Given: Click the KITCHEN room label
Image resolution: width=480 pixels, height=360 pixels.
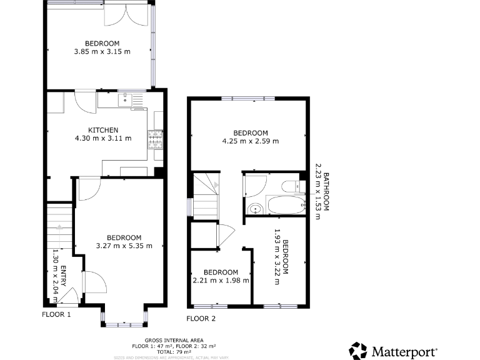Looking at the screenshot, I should [x=103, y=130].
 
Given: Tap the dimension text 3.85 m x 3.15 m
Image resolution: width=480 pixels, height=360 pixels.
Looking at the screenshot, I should [x=102, y=52].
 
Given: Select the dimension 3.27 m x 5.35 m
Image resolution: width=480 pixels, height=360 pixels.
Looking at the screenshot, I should [x=124, y=246].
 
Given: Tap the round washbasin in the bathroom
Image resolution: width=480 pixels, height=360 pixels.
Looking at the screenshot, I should [x=254, y=209].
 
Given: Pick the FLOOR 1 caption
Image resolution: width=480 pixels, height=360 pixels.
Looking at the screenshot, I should [x=56, y=314].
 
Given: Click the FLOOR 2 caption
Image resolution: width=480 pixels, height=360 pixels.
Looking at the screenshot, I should [x=201, y=318].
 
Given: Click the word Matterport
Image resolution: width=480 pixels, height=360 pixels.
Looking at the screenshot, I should [x=404, y=351].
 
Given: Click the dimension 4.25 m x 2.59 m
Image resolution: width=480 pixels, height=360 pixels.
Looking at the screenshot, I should [x=251, y=141].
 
